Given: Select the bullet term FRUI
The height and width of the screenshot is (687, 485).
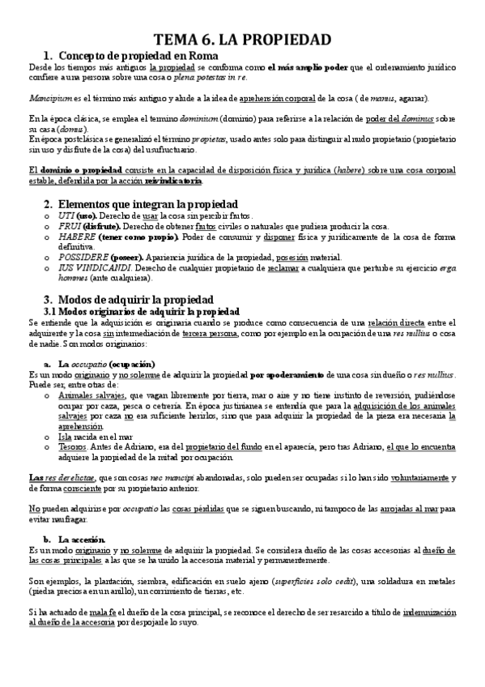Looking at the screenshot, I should pyautogui.click(x=68, y=226).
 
